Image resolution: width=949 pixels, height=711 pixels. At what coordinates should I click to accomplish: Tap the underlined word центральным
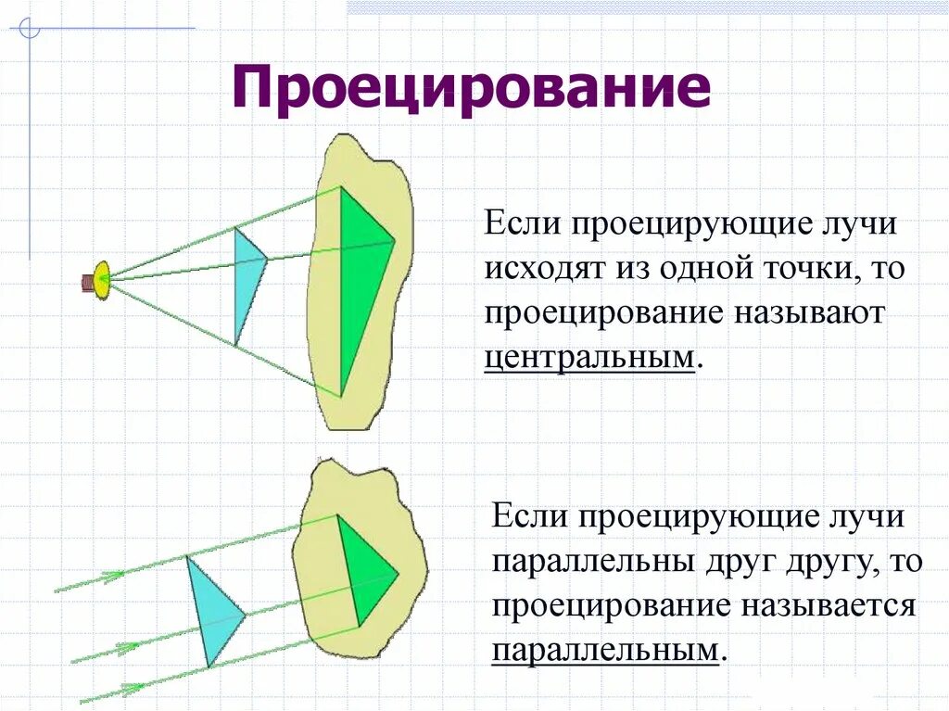[x=588, y=357]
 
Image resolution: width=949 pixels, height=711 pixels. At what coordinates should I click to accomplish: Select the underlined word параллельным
[x=605, y=650]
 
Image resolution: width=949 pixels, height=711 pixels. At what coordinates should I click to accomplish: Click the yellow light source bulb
[x=102, y=279]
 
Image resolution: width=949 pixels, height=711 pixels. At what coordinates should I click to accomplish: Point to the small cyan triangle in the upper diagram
[x=247, y=278]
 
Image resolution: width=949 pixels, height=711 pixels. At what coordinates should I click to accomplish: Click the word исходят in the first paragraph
[x=538, y=269]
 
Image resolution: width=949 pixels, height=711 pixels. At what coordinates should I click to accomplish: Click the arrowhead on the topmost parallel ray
[x=113, y=577]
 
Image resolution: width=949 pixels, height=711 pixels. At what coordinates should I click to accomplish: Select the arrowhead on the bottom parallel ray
[x=133, y=688]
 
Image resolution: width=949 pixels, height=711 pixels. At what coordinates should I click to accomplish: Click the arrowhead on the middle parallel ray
[x=125, y=647]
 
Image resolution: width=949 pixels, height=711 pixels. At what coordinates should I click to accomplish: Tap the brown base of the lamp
[x=87, y=281]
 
